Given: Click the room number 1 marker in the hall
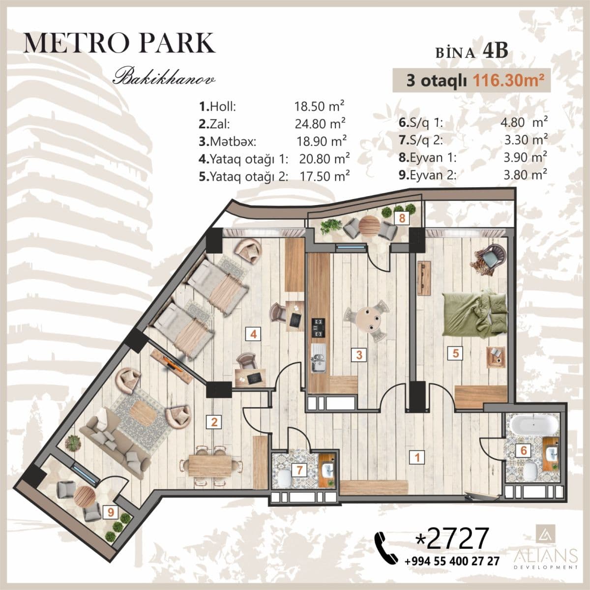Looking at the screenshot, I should (417, 458).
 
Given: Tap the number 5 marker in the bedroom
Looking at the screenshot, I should (456, 353).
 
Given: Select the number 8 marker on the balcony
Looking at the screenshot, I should (402, 218).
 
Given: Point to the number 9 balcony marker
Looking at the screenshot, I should (112, 512).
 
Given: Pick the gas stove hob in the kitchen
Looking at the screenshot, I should (319, 327).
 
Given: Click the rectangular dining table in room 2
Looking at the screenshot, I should (211, 463).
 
